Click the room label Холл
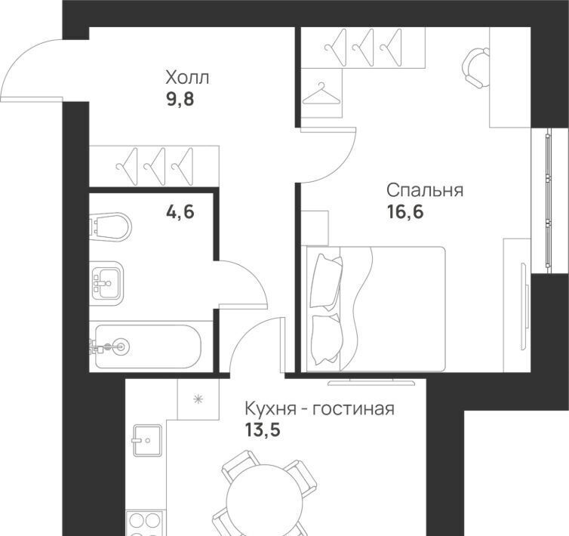pyautogui.click(x=187, y=78)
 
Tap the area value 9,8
pyautogui.click(x=180, y=99)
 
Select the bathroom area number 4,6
pyautogui.click(x=180, y=211)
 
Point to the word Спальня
pyautogui.click(x=425, y=191)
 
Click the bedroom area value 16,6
pyautogui.click(x=405, y=211)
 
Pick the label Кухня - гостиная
pyautogui.click(x=319, y=409)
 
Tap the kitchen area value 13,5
pyautogui.click(x=263, y=430)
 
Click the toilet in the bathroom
pyautogui.click(x=110, y=227)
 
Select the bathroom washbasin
pyautogui.click(x=106, y=284)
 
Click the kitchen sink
pyautogui.click(x=147, y=440)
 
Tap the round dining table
pyautogui.click(x=264, y=502)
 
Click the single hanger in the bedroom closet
pyautogui.click(x=321, y=94)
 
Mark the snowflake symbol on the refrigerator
pyautogui.click(x=198, y=399)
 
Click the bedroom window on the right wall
pyautogui.click(x=548, y=201)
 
